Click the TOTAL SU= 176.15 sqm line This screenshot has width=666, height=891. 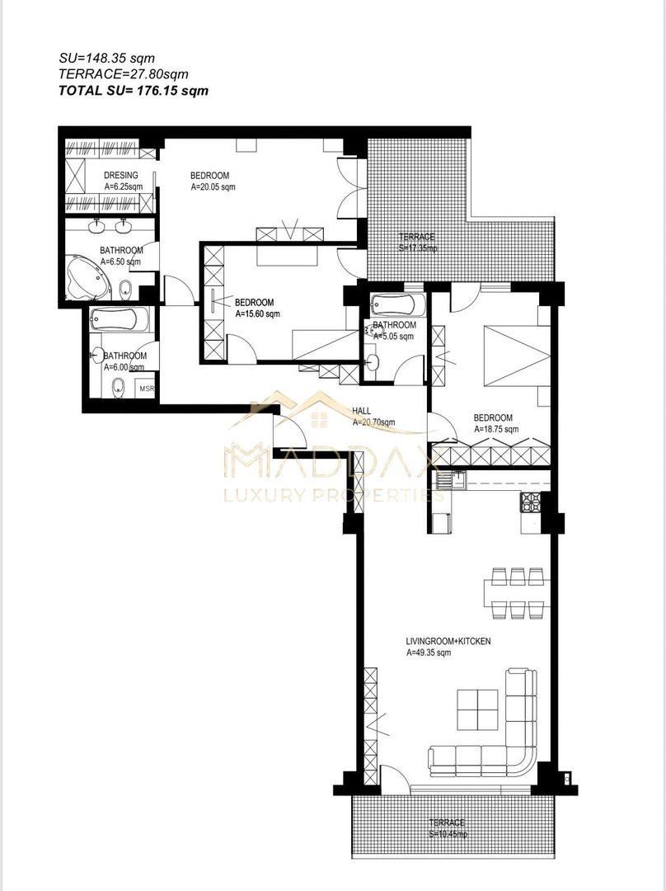click(x=134, y=91)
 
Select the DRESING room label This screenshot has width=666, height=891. click(x=120, y=176)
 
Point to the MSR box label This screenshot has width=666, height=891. click(x=146, y=389)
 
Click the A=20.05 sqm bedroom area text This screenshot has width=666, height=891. click(x=213, y=187)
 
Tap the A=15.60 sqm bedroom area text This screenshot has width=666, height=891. click(x=257, y=314)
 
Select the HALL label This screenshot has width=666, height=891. click(x=360, y=410)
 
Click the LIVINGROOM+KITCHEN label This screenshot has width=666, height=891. click(x=448, y=641)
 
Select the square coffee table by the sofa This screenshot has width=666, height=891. click(x=478, y=709)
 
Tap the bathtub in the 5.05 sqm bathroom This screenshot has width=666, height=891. click(x=397, y=305)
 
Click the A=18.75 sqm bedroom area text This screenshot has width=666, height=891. click(x=496, y=429)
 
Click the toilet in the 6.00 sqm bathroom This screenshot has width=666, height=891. click(x=118, y=384)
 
